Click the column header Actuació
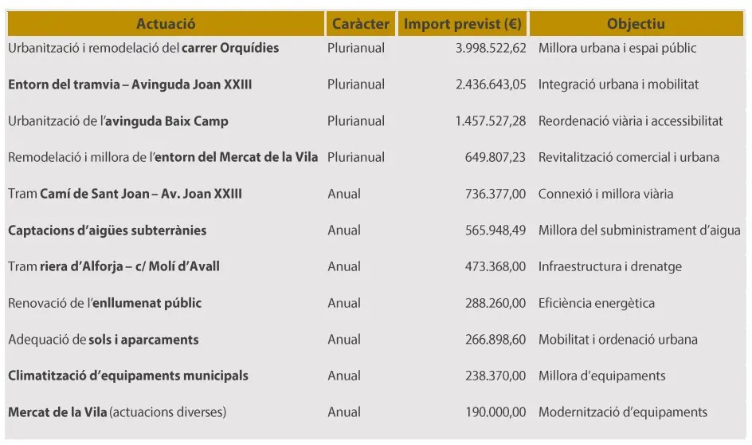point(166,24)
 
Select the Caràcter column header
point(361,24)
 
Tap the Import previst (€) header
point(463,24)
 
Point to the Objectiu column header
point(636,24)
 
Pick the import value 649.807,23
point(495,157)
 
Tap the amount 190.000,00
point(495,412)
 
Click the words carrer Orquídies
point(230,48)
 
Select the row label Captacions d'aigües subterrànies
point(108,230)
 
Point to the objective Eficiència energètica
point(597,303)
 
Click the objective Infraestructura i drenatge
point(610,266)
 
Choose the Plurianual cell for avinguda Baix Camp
point(356,121)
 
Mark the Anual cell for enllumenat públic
point(344,303)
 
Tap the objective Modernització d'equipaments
point(623,412)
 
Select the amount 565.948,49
point(495,230)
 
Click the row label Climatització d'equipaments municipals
point(128,376)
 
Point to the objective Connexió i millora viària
point(605,194)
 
